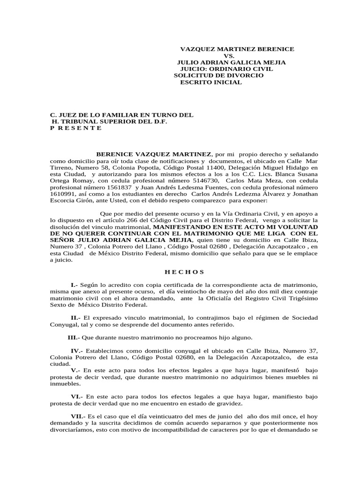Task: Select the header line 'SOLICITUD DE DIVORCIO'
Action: (x=218, y=75)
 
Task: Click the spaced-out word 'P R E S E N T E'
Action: (x=75, y=128)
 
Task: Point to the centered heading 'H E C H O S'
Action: (x=185, y=271)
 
